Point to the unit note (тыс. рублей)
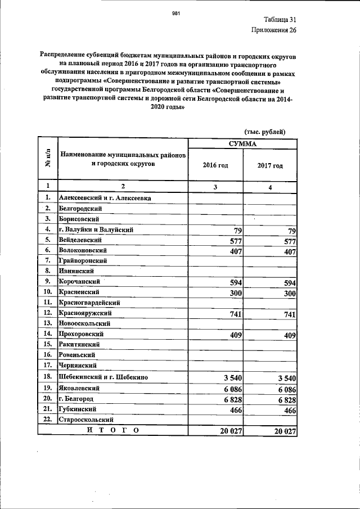(265, 131)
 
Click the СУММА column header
(242, 144)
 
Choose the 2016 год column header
(215, 165)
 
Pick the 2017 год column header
(269, 165)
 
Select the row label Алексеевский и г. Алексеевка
(105, 197)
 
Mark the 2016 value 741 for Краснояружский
(233, 314)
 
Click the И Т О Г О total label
(112, 430)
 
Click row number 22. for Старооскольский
(48, 420)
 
